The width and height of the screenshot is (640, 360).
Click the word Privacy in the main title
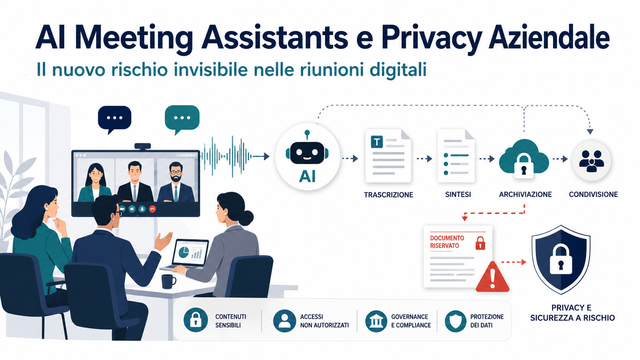pos(432,38)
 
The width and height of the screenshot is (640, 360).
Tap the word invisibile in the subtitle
pos(211,70)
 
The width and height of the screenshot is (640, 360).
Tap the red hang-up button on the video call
pos(153,209)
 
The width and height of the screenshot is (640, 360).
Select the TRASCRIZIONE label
pos(388,195)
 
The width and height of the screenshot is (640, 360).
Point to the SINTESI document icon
pos(456,156)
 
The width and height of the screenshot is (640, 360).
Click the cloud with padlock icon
pos(524,158)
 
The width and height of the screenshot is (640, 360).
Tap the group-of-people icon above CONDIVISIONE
pos(591,161)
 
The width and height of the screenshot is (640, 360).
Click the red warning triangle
pos(492,277)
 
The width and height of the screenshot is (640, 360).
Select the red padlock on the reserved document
pos(480,243)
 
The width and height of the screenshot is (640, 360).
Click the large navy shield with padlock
pos(561,259)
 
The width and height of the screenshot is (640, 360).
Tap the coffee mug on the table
pos(168,282)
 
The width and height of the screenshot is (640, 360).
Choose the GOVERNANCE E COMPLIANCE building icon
pos(376,321)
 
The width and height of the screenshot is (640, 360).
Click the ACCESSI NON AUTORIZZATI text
pos(324,321)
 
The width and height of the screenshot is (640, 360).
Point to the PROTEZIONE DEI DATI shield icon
pos(456,321)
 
